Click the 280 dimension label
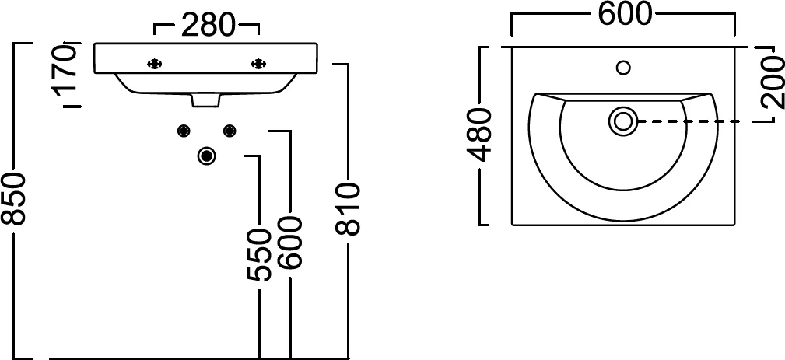207,25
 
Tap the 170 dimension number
67,72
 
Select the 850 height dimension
12,198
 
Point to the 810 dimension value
348,209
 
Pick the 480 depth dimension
479,135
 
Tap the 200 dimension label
773,82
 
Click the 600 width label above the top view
626,14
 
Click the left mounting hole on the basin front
155,64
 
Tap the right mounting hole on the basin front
259,64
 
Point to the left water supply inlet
184,131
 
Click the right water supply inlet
230,131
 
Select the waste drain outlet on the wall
206,156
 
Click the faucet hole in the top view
623,68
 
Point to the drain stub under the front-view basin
205,100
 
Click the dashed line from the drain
695,121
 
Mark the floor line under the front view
198,358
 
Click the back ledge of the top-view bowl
623,96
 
